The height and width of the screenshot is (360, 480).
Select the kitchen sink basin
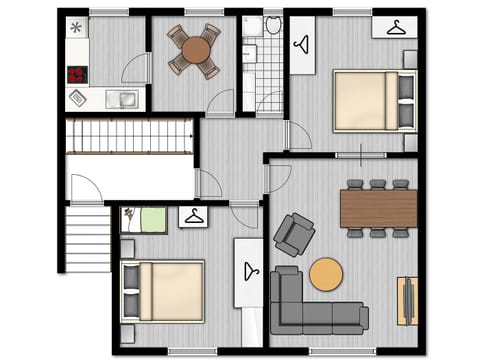point(125,98)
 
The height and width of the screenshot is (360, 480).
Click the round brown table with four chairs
point(194,50)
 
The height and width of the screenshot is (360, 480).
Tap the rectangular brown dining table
point(378,208)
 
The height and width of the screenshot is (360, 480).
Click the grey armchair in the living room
point(293,234)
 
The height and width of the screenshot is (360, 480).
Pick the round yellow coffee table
point(326,274)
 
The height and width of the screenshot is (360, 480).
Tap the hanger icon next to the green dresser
point(193,217)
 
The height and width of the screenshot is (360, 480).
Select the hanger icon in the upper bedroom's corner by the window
point(394,27)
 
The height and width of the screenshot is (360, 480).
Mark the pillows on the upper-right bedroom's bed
point(405,100)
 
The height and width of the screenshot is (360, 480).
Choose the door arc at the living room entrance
point(279,177)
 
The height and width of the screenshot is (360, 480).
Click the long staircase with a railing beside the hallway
point(128,136)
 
